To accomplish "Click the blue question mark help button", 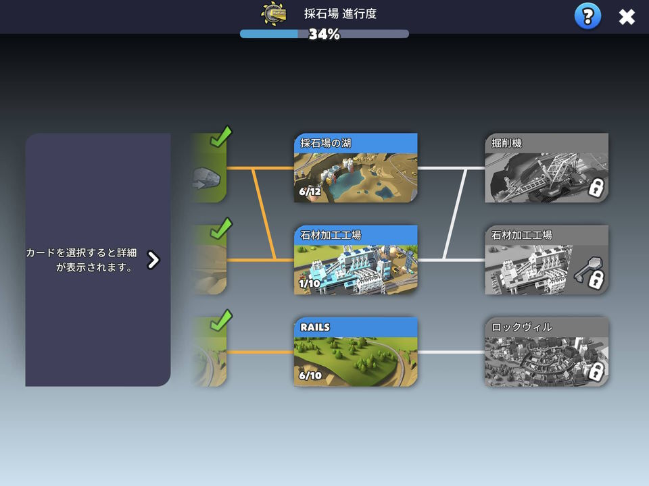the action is pyautogui.click(x=587, y=16).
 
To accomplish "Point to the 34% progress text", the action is pyautogui.click(x=324, y=34).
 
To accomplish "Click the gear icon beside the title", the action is pyautogui.click(x=274, y=13).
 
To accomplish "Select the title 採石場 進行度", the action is pyautogui.click(x=340, y=13).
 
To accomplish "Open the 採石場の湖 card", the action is pyautogui.click(x=356, y=168).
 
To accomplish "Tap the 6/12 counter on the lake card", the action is pyautogui.click(x=310, y=191).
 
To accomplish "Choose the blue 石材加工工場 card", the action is pyautogui.click(x=356, y=259).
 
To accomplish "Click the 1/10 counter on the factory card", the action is pyautogui.click(x=310, y=283).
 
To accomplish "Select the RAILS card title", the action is pyautogui.click(x=315, y=327).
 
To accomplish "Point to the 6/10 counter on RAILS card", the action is pyautogui.click(x=310, y=375).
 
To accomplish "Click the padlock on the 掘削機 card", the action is pyautogui.click(x=596, y=188).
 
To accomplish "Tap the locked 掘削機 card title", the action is pyautogui.click(x=506, y=143).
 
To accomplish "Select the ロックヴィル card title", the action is pyautogui.click(x=521, y=327).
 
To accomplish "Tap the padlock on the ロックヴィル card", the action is pyautogui.click(x=596, y=371).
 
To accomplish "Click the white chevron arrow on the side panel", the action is pyautogui.click(x=153, y=260).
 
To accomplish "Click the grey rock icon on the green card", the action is pyautogui.click(x=207, y=178).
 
